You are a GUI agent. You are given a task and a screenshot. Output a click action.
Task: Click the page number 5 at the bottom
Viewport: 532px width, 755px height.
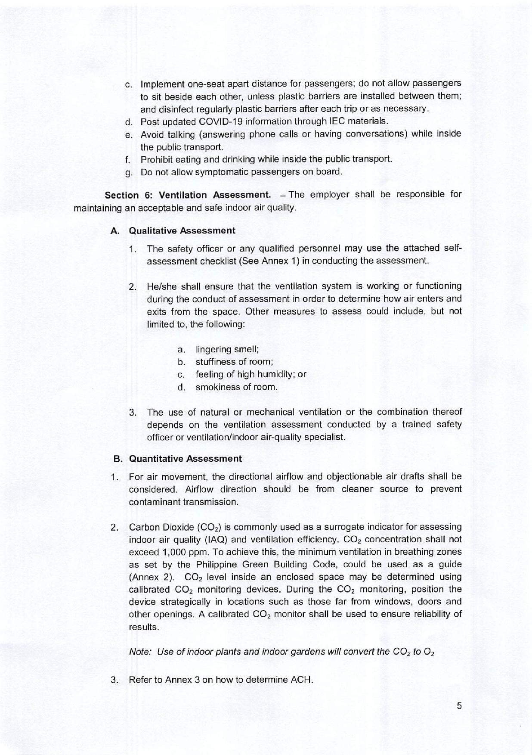point(459,705)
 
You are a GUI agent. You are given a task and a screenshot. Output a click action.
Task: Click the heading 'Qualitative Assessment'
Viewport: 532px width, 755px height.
point(182,230)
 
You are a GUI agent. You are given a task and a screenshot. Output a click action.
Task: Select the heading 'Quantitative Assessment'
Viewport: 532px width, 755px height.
point(185,459)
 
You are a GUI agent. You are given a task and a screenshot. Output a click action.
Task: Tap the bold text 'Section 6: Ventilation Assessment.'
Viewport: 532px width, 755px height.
point(188,195)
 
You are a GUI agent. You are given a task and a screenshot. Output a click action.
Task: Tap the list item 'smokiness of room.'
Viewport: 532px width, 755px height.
point(236,387)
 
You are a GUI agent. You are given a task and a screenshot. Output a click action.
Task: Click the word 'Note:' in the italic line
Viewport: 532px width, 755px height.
point(140,652)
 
